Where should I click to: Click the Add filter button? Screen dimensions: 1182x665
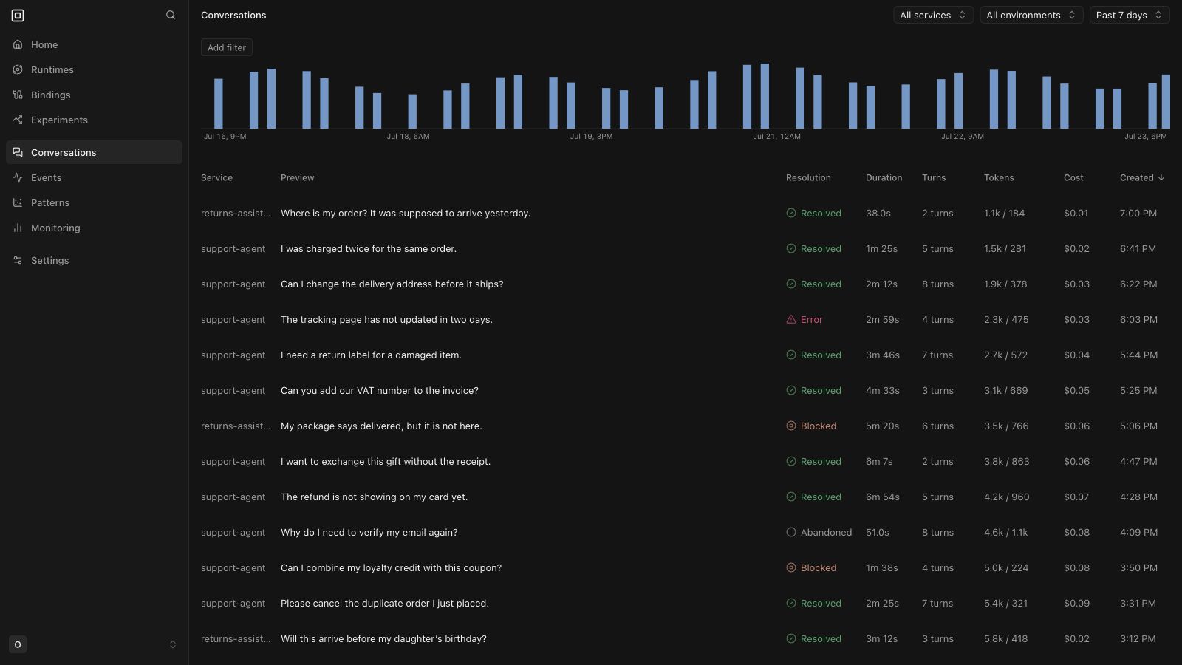pyautogui.click(x=226, y=47)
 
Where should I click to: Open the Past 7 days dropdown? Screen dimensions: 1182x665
pyautogui.click(x=1130, y=15)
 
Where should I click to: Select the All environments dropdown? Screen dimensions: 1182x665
pyautogui.click(x=1031, y=15)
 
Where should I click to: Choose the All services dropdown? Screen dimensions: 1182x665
pyautogui.click(x=933, y=15)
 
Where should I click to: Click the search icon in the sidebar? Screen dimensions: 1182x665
pyautogui.click(x=171, y=15)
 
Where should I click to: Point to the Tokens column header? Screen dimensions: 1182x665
pyautogui.click(x=999, y=178)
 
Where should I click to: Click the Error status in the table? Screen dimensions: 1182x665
pyautogui.click(x=804, y=320)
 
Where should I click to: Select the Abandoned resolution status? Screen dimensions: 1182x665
pyautogui.click(x=819, y=533)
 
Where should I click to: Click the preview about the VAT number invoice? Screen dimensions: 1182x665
pyautogui.click(x=380, y=391)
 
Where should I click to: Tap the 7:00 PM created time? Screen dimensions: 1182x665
pyautogui.click(x=1138, y=214)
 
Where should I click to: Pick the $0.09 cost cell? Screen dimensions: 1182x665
pyautogui.click(x=1076, y=603)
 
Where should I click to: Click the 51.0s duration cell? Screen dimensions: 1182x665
pyautogui.click(x=877, y=533)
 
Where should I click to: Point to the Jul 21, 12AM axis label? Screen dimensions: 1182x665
pyautogui.click(x=776, y=137)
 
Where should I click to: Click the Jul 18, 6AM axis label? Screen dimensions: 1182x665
pyautogui.click(x=408, y=137)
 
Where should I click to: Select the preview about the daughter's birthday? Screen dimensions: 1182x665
pyautogui.click(x=383, y=638)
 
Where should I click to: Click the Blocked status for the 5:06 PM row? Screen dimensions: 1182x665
pyautogui.click(x=811, y=426)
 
